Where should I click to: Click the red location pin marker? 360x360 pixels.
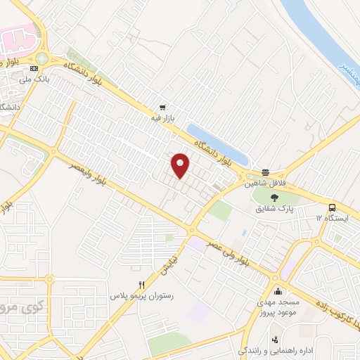[x=181, y=165]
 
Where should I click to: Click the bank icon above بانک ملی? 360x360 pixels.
[x=34, y=68]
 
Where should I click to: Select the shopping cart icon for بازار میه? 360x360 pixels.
[x=163, y=108]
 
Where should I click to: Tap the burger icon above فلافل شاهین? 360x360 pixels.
[x=265, y=172]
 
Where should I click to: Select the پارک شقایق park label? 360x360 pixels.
[x=274, y=208]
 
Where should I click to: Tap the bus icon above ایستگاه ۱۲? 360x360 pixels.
[x=332, y=207]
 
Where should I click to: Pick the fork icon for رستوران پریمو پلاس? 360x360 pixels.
[x=141, y=285]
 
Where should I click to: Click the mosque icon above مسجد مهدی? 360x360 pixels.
[x=278, y=292]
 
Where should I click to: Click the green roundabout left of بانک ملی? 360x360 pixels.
[x=41, y=59]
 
